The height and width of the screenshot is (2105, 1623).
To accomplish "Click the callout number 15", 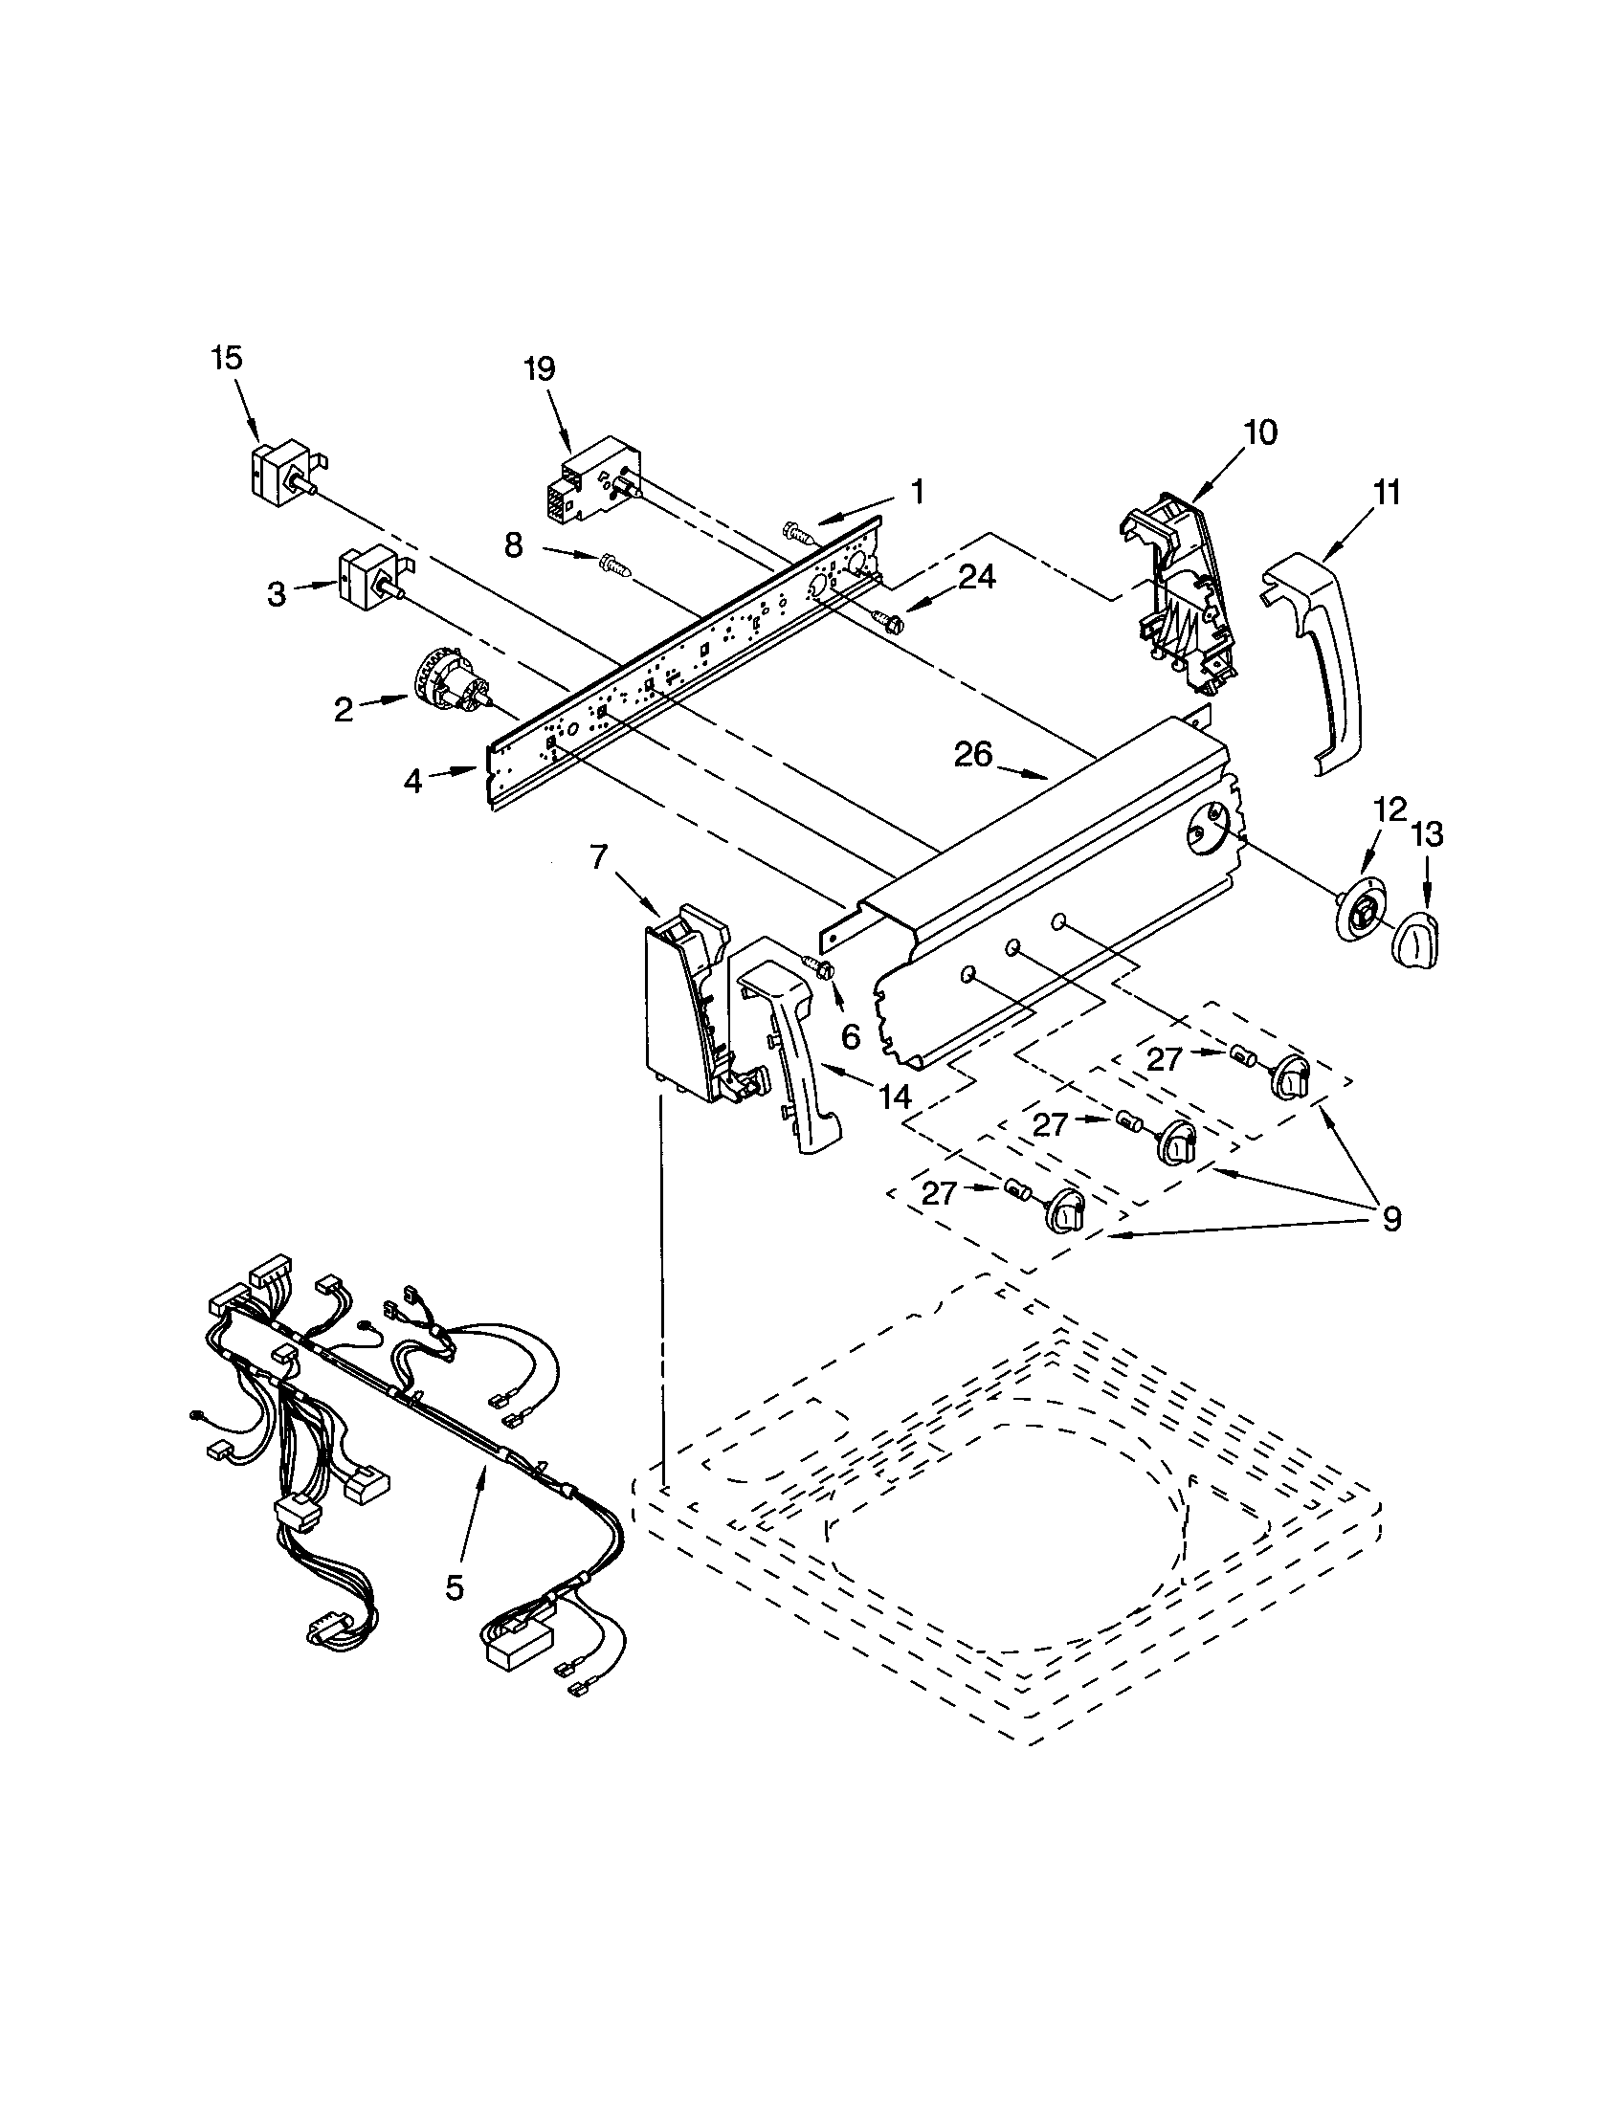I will pyautogui.click(x=227, y=359).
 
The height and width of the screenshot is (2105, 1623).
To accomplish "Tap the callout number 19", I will pyautogui.click(x=540, y=369).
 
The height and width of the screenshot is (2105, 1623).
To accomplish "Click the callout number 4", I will pyautogui.click(x=413, y=781).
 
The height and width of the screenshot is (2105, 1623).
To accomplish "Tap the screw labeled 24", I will pyautogui.click(x=887, y=619).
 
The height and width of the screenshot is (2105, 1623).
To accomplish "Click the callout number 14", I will pyautogui.click(x=896, y=1096).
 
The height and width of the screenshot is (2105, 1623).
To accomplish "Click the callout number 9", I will pyautogui.click(x=1390, y=1218).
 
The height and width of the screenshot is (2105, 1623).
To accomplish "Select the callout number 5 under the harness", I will pyautogui.click(x=455, y=1586).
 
